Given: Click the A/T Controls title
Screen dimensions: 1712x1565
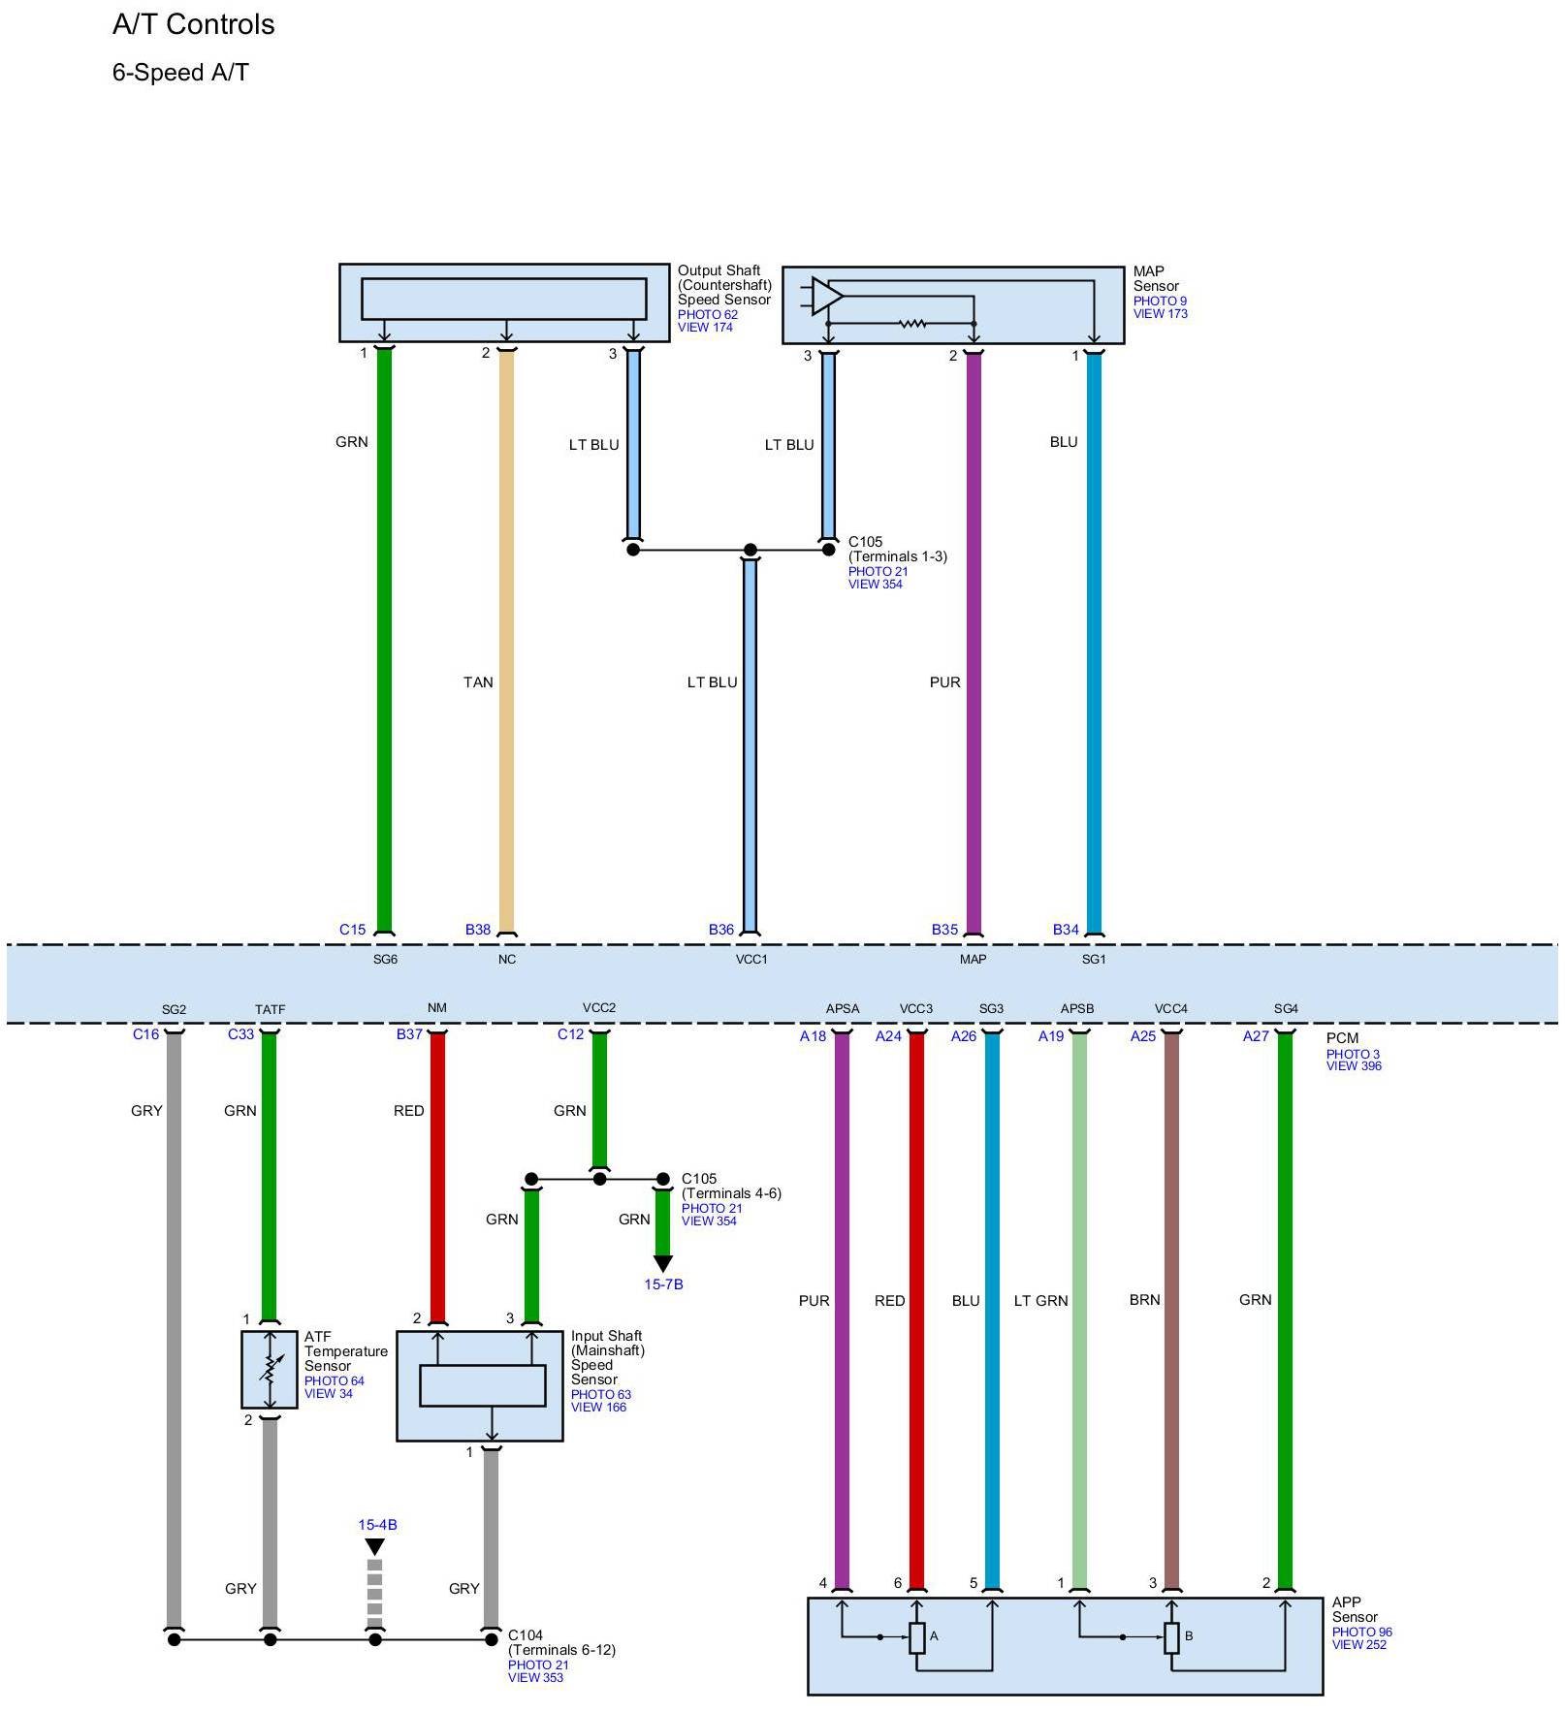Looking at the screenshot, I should tap(193, 24).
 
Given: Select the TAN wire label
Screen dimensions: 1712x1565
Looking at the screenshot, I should tap(478, 682).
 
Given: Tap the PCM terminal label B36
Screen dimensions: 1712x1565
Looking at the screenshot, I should tap(720, 930).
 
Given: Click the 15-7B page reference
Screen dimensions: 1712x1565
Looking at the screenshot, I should tap(663, 1284).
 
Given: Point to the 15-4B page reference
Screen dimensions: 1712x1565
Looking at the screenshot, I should tap(377, 1525).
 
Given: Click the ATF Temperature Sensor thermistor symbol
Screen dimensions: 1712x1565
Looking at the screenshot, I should tap(270, 1370).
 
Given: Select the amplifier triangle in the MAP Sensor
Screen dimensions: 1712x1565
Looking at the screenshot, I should tap(825, 296).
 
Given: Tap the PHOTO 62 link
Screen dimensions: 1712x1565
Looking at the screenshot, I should tap(707, 314).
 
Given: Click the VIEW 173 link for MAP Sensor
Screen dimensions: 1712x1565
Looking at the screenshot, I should tap(1160, 314).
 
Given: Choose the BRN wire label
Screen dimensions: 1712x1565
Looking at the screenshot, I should tap(1144, 1300).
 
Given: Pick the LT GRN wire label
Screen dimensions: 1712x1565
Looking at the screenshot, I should tap(1040, 1301).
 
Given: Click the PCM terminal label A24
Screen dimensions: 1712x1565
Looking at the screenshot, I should tap(888, 1036).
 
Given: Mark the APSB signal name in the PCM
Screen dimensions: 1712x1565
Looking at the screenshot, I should tap(1076, 1009).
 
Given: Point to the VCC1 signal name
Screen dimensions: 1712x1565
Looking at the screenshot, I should tap(751, 960).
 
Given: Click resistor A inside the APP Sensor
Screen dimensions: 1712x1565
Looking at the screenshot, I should tap(917, 1637).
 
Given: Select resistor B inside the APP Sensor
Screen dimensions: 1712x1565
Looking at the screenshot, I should tap(1171, 1637).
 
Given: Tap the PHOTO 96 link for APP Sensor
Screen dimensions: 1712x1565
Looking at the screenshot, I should tap(1361, 1633).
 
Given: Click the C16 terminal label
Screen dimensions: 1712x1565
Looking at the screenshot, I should tap(145, 1034).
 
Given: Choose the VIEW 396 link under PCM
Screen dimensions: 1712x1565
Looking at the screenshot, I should tap(1354, 1066).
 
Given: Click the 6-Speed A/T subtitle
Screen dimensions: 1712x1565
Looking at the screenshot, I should tap(180, 73).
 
